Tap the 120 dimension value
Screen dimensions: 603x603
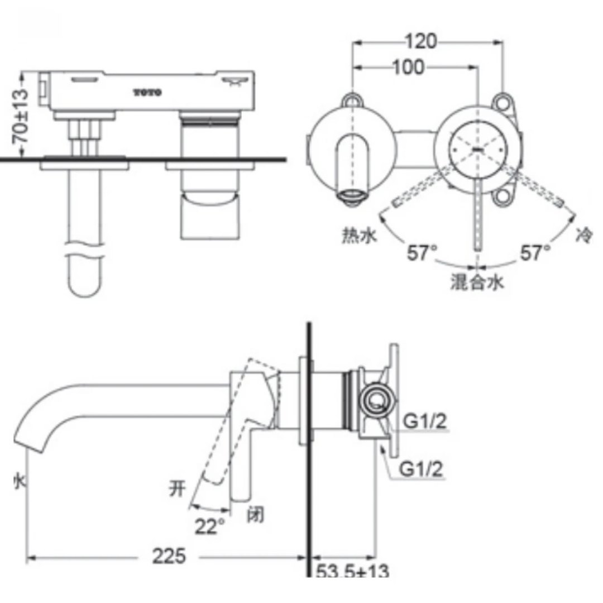coord(421,41)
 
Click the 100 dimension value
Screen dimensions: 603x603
coord(408,68)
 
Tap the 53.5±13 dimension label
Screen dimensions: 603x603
coord(352,572)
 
